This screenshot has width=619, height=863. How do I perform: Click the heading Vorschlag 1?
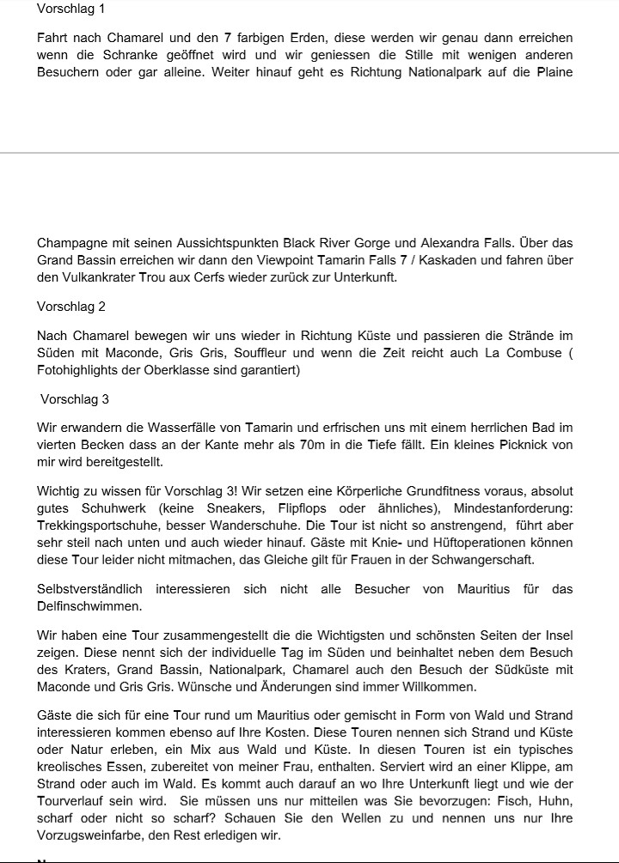(74, 9)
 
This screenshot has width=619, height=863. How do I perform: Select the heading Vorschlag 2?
(74, 307)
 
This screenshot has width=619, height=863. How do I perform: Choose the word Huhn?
(553, 802)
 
